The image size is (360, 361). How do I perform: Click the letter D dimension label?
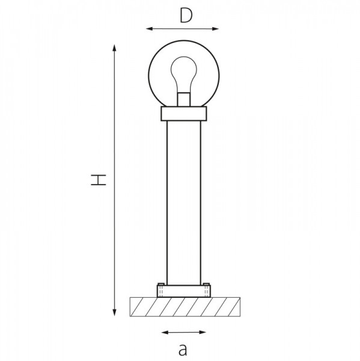tap(186, 16)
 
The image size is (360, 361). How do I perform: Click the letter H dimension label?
tap(99, 180)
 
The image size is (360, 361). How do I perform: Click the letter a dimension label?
tap(183, 350)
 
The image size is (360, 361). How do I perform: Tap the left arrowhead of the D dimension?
tap(149, 29)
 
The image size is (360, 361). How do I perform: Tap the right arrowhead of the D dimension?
tap(215, 29)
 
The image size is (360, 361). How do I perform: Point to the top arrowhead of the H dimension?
tap(114, 48)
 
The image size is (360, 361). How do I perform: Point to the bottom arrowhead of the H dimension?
tap(114, 312)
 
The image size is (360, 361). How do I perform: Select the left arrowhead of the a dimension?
tap(165, 332)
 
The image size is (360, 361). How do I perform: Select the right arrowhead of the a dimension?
tap(203, 332)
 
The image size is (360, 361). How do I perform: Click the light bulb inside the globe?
tap(184, 74)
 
